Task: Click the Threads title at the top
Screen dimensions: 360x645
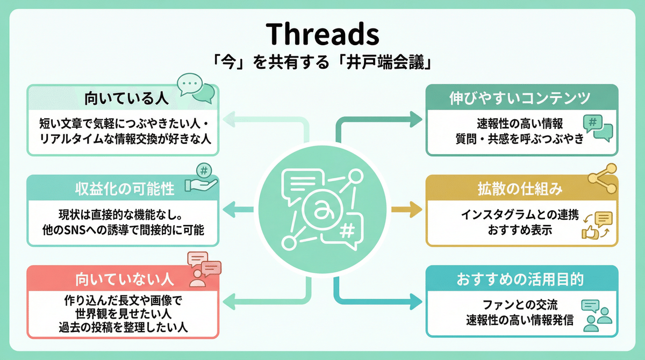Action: [322, 34]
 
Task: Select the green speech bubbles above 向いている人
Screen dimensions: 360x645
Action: [196, 88]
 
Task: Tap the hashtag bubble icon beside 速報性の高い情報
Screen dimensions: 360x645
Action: [597, 128]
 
